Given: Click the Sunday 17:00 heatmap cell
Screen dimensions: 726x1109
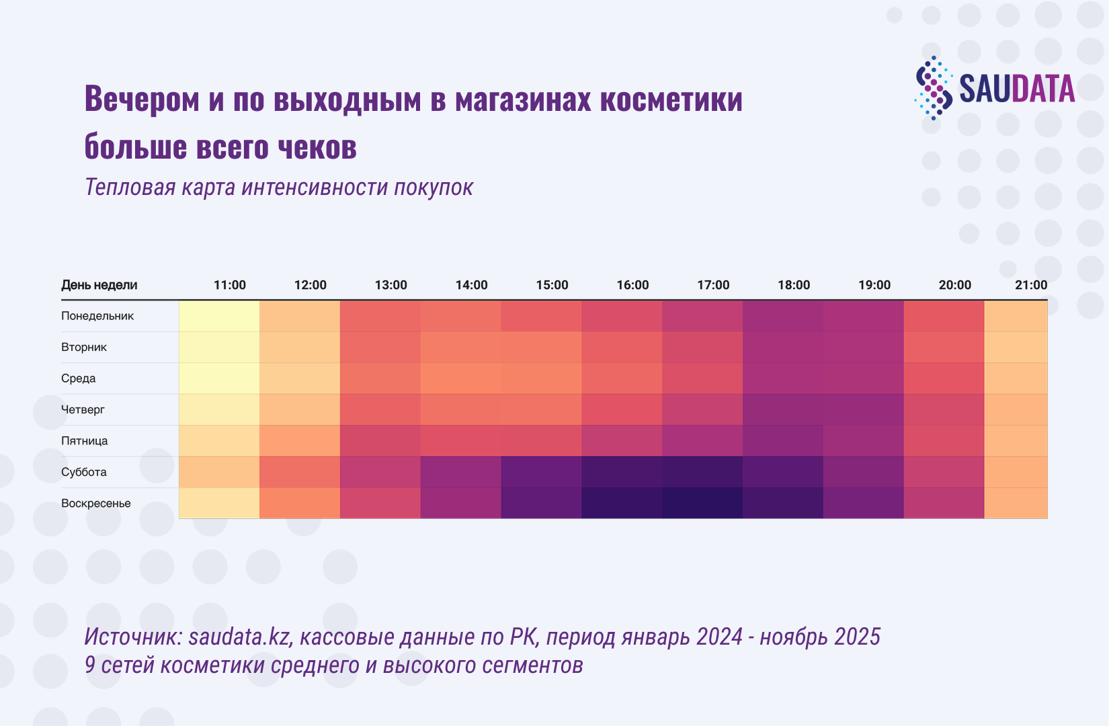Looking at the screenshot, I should [x=702, y=503].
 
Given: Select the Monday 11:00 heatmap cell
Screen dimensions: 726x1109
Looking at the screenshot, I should [x=219, y=316].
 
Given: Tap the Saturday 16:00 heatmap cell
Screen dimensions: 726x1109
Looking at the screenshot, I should [x=622, y=472].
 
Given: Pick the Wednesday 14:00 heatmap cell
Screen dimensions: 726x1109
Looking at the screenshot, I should [x=460, y=378].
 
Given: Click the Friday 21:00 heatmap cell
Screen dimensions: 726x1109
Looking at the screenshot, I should [x=1016, y=441].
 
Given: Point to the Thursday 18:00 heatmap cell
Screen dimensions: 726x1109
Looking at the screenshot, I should [x=783, y=409].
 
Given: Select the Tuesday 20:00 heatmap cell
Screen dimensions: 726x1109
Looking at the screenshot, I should [x=944, y=348].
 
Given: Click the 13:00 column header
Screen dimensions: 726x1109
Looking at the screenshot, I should [x=391, y=285].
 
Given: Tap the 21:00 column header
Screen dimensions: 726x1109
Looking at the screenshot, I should [x=1030, y=285].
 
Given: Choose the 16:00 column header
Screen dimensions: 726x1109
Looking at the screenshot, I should [x=632, y=285].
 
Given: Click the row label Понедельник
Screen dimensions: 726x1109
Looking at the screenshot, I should [x=97, y=316].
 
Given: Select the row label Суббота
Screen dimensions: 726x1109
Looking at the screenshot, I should [x=84, y=472].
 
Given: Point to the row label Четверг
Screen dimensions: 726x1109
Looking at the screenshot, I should [x=83, y=409].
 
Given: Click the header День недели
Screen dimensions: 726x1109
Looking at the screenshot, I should [x=99, y=285].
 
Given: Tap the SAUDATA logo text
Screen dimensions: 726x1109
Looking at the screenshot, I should [x=1016, y=89].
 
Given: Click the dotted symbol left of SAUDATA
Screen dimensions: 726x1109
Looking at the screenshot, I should [x=934, y=88].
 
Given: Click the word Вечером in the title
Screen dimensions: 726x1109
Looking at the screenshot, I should [x=142, y=99].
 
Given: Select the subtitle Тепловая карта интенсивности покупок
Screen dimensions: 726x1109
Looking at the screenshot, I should [x=279, y=187].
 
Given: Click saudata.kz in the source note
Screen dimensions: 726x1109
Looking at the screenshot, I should [x=240, y=636].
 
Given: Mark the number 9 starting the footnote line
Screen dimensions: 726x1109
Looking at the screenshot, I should [x=90, y=665].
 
